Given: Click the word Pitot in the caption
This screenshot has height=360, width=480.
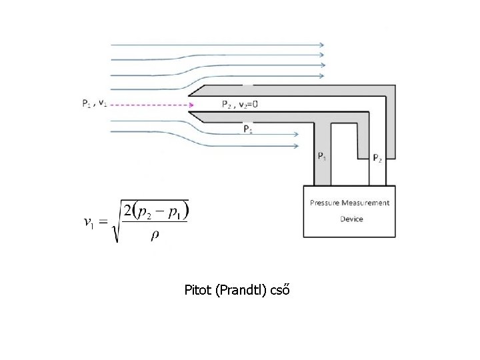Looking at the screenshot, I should point(199,290).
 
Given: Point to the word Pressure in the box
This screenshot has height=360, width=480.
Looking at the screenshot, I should point(327,203).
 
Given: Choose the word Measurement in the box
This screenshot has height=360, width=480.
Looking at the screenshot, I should point(367,203).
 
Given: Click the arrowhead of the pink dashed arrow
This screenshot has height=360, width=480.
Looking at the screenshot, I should point(191,105).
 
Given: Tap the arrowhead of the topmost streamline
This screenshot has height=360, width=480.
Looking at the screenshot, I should point(322,45).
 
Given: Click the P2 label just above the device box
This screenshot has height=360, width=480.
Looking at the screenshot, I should point(377,158).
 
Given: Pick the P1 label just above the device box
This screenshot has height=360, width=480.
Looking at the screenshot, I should point(321,157).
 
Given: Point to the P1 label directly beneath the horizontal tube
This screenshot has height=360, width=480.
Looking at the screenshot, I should point(247,129).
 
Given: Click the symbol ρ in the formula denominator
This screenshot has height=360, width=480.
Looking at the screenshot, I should point(154,237).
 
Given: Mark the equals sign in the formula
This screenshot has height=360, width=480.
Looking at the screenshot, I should point(103,222).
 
